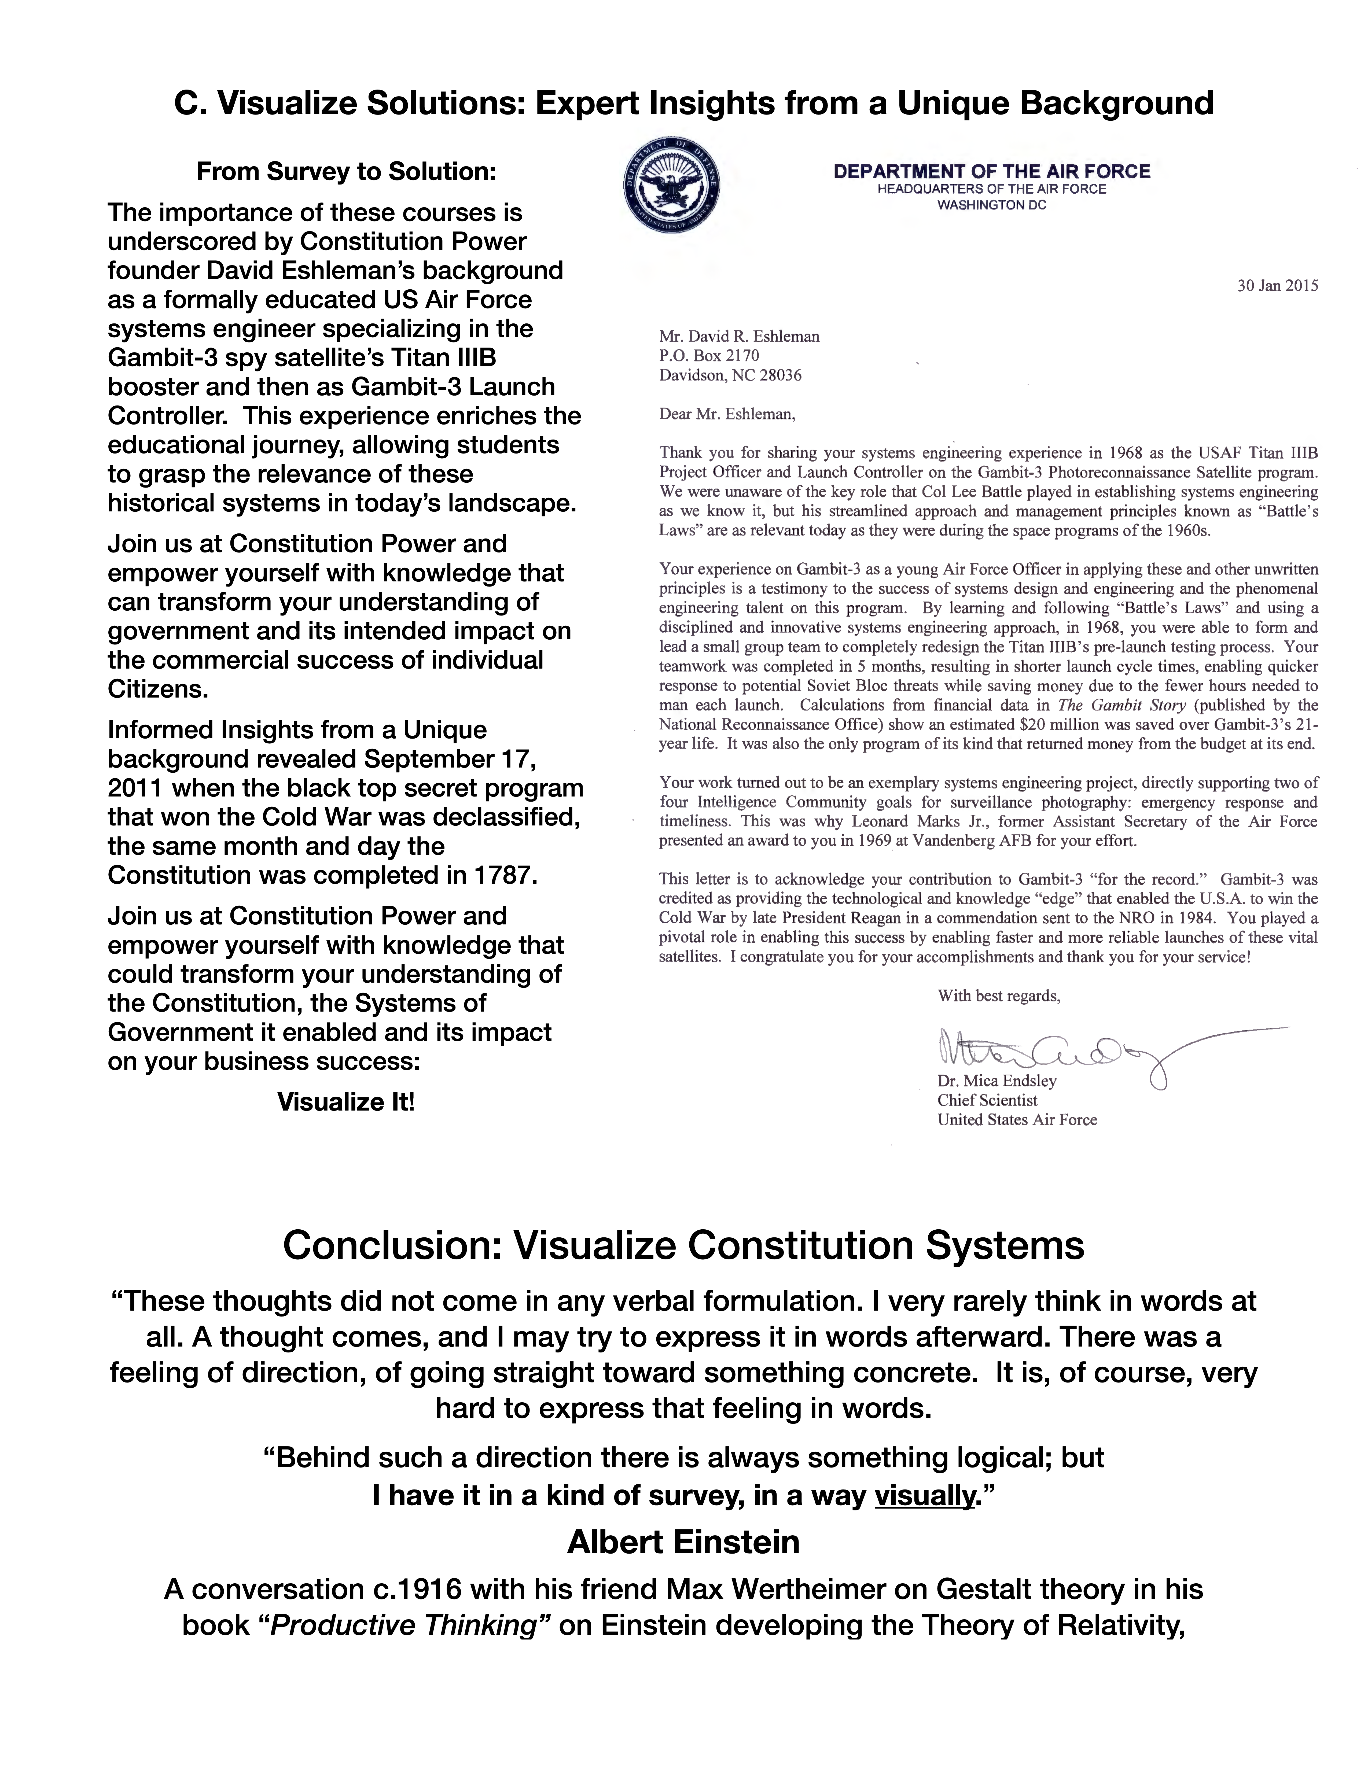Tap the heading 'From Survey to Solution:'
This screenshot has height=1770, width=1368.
[x=346, y=172]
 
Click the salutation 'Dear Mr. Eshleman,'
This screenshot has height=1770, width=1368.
[x=727, y=414]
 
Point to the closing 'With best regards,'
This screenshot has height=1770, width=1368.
[x=998, y=996]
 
